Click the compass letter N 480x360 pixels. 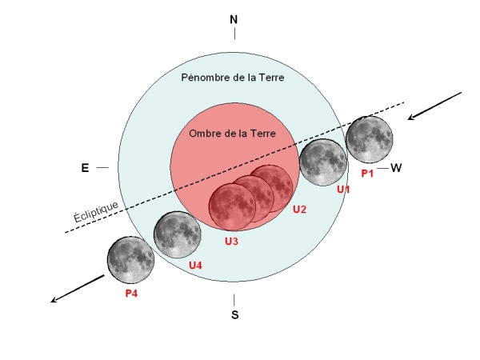pyautogui.click(x=234, y=19)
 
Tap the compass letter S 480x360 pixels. pyautogui.click(x=234, y=314)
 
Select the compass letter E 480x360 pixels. pyautogui.click(x=85, y=168)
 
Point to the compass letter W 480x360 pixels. pyautogui.click(x=396, y=168)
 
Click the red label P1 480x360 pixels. pyautogui.click(x=367, y=174)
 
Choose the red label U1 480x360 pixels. pyautogui.click(x=343, y=190)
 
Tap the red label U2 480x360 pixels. pyautogui.click(x=299, y=210)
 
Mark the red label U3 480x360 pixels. pyautogui.click(x=231, y=242)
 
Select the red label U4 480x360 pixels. pyautogui.click(x=195, y=265)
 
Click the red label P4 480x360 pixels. pyautogui.click(x=131, y=294)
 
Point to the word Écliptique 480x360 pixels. pyautogui.click(x=96, y=211)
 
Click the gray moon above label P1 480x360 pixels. pyautogui.click(x=369, y=139)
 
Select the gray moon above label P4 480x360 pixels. pyautogui.click(x=131, y=260)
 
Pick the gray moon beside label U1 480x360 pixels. pyautogui.click(x=323, y=162)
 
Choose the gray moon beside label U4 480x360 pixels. pyautogui.click(x=178, y=234)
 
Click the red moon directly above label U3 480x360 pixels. pyautogui.click(x=232, y=207)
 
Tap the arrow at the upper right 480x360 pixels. pyautogui.click(x=434, y=106)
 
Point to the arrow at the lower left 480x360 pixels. pyautogui.click(x=78, y=289)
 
